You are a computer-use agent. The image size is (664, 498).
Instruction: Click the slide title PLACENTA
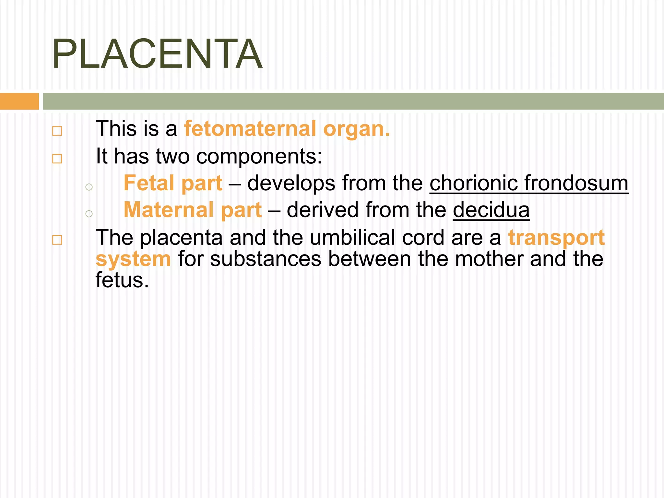pos(157,54)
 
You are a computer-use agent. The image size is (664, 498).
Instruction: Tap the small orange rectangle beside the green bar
pos(19,101)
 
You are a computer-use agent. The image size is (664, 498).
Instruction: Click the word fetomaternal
pos(250,129)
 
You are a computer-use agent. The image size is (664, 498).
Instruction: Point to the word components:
pos(259,157)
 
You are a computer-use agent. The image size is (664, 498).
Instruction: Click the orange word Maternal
pos(169,210)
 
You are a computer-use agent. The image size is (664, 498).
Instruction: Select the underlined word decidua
pos(491,210)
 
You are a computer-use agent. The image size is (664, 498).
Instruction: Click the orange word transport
pos(556,238)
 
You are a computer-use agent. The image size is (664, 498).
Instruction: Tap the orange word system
pos(133,259)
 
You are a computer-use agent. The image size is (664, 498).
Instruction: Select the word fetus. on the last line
pos(122,280)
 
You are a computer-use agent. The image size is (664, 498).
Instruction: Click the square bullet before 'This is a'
pos(57,131)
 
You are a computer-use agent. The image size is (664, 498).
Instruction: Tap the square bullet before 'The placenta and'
pos(57,240)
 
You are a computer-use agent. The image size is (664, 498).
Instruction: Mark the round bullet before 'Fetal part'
pos(89,187)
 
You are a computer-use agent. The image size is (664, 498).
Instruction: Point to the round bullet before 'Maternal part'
pos(89,214)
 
